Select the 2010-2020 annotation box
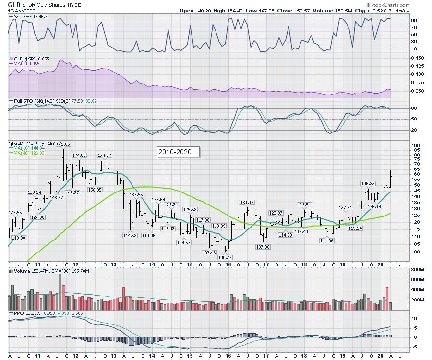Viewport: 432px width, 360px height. [178, 152]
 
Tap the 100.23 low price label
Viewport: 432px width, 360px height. [225, 258]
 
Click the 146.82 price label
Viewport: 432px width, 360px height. [368, 183]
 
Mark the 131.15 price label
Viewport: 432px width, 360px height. [247, 202]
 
